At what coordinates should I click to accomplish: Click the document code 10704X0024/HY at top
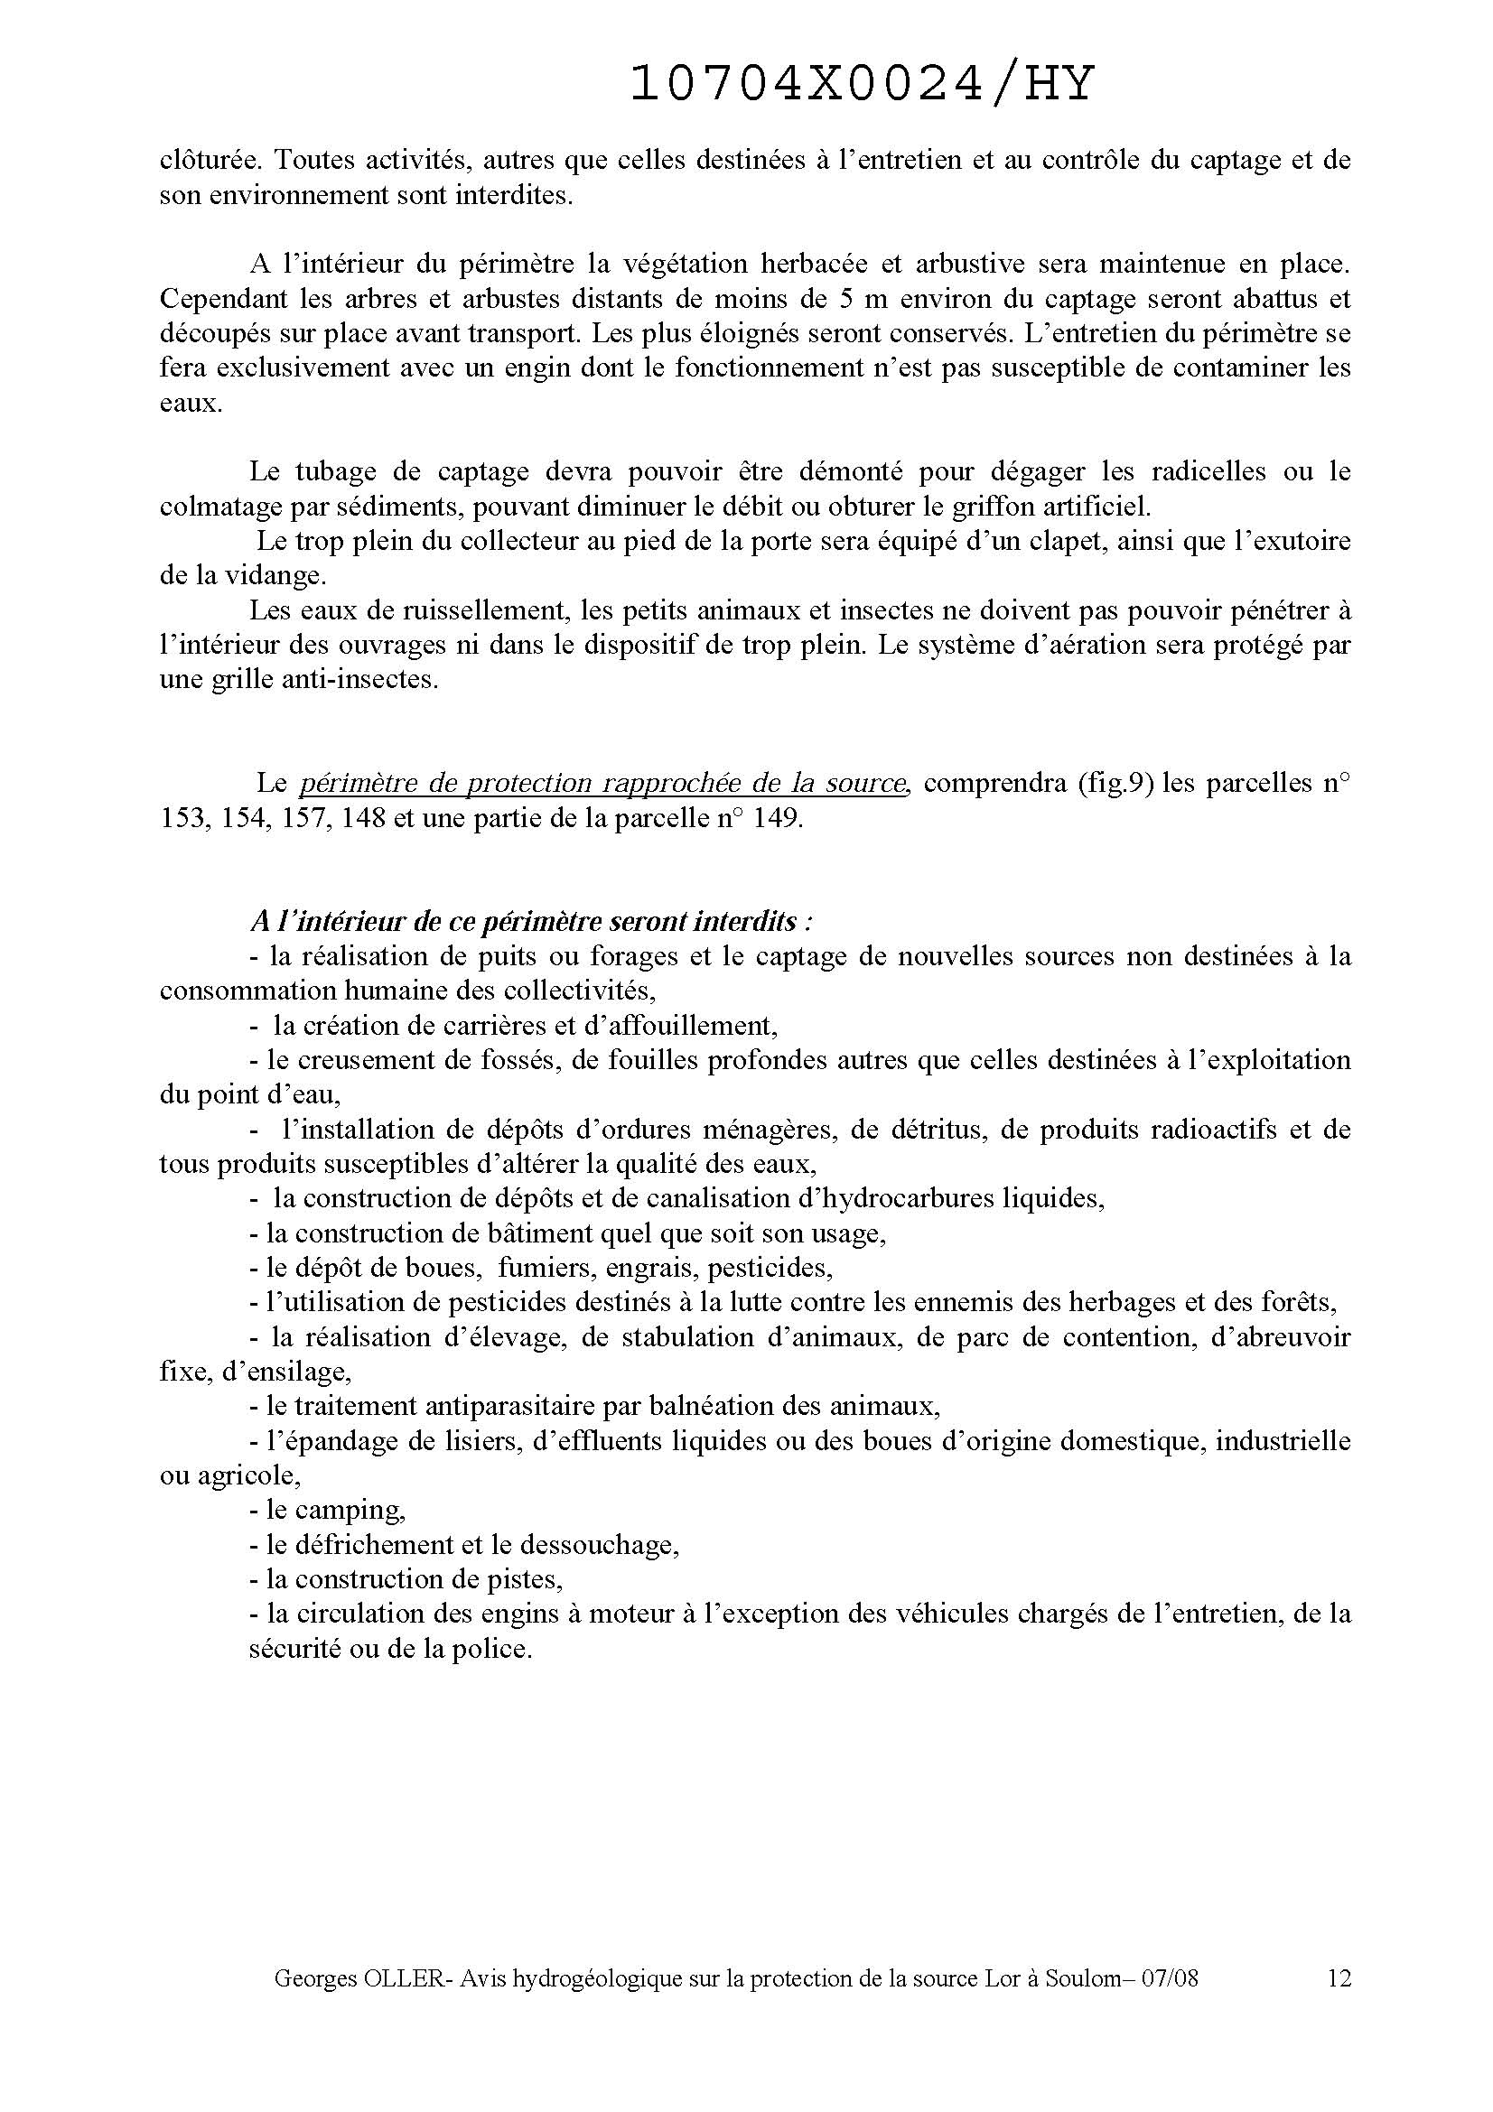[x=862, y=86]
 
